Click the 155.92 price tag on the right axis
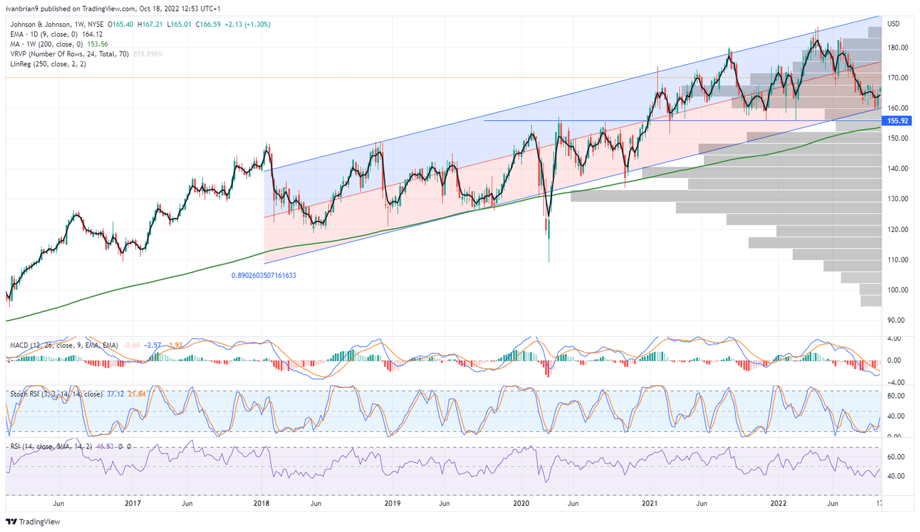(x=897, y=120)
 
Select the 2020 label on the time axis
(x=521, y=504)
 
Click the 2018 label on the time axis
(x=262, y=504)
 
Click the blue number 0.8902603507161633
(x=264, y=276)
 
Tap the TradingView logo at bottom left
(x=34, y=522)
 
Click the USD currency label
(x=893, y=24)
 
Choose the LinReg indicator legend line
(x=48, y=64)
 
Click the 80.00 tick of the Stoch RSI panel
(x=895, y=396)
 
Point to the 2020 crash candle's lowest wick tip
(x=549, y=262)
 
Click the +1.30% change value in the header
(x=258, y=25)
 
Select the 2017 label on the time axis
(x=132, y=504)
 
